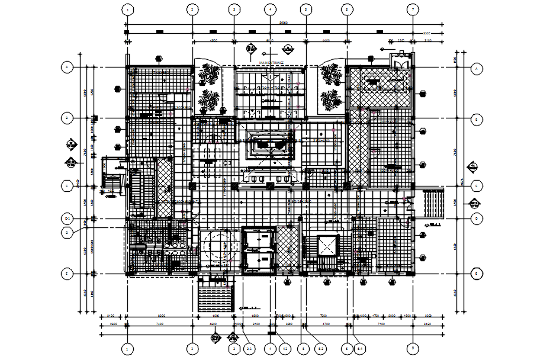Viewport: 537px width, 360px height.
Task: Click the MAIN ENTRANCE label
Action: (x=271, y=62)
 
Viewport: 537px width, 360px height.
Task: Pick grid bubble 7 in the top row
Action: (x=413, y=9)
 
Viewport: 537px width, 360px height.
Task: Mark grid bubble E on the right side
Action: (x=475, y=274)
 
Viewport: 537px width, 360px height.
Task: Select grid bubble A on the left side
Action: (x=67, y=67)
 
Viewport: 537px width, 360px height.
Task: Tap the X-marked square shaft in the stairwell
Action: (x=327, y=244)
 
